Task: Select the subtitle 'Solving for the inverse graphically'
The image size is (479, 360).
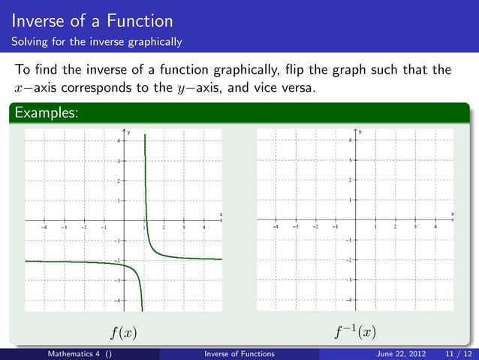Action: pos(97,41)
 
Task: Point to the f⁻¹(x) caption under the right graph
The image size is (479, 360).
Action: pos(356,331)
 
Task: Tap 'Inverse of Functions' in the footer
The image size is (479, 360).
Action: pos(239,353)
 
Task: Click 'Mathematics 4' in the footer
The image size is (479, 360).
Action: pos(75,353)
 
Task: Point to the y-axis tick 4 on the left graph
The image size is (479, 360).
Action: pos(117,141)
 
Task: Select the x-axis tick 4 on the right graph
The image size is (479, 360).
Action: pos(435,225)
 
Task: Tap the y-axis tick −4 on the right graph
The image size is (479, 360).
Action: pos(348,301)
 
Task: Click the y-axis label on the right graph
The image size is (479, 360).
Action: pos(360,132)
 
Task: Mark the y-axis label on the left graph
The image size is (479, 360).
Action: pos(128,132)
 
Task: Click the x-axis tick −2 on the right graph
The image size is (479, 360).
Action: pos(315,225)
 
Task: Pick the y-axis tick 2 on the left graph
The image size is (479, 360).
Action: pos(117,181)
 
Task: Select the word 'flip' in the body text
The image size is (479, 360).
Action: pos(294,71)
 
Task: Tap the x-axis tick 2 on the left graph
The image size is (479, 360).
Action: pos(164,225)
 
